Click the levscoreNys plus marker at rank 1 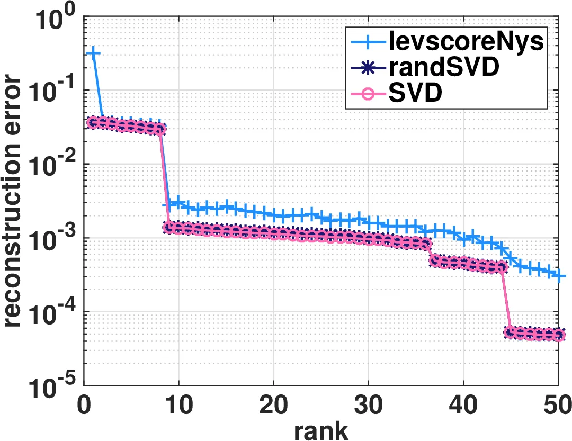pos(94,53)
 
